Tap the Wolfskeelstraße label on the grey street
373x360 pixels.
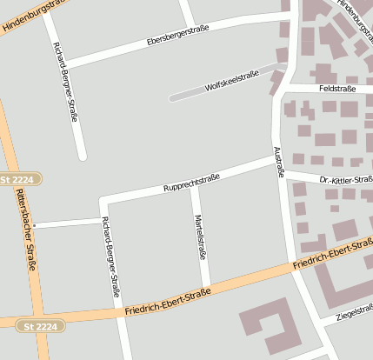232,83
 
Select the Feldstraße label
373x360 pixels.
337,89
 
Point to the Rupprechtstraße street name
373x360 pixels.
191,183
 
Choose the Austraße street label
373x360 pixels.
279,162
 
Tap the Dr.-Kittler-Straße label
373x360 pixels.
346,180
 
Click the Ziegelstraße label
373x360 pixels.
352,310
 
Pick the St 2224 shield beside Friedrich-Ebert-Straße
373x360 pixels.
39,326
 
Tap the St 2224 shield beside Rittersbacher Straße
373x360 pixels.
18,178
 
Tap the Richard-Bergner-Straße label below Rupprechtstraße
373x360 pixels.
110,257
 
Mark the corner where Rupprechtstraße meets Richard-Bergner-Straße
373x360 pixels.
103,202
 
